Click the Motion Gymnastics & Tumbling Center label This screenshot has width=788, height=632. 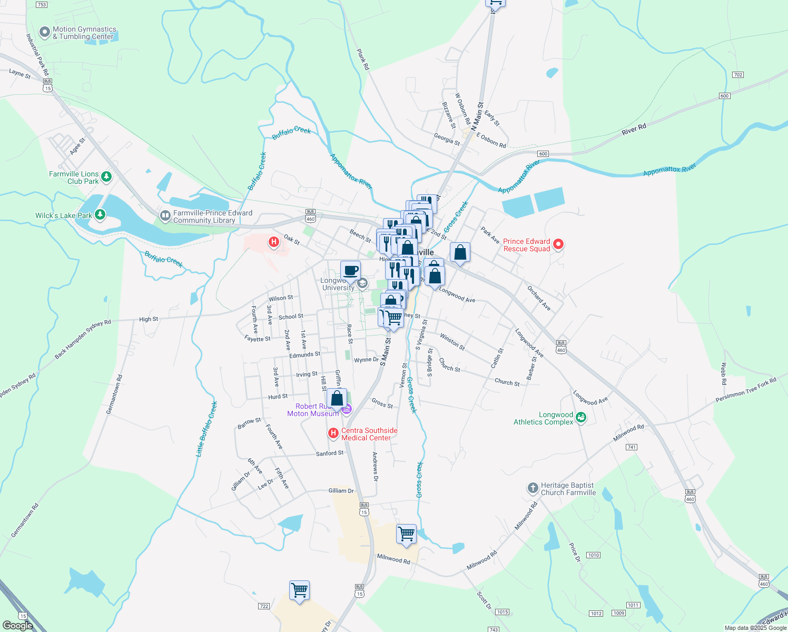click(84, 33)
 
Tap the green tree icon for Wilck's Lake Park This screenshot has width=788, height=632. click(99, 215)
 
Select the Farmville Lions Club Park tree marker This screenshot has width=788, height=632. click(106, 176)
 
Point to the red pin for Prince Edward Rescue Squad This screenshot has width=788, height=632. click(558, 244)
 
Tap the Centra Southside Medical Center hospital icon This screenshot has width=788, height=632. click(333, 433)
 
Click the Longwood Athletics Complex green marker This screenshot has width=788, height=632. click(581, 418)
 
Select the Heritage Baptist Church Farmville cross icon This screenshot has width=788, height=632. click(533, 488)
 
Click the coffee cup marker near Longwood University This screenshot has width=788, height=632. click(350, 271)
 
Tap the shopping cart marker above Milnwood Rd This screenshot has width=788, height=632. click(406, 534)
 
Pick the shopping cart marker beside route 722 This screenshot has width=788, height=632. click(299, 590)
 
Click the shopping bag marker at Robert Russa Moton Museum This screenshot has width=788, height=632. click(337, 399)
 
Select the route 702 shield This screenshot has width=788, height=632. click(738, 75)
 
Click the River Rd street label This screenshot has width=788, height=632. click(634, 130)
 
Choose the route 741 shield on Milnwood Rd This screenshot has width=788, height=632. click(632, 447)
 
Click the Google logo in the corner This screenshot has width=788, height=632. click(18, 626)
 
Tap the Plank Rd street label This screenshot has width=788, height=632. click(363, 60)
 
